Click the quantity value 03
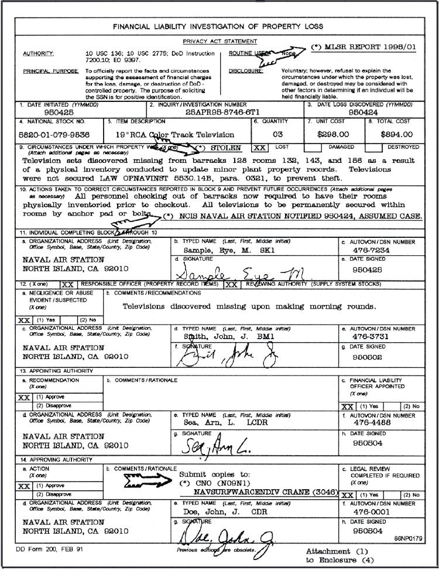(x=277, y=134)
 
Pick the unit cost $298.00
(x=332, y=134)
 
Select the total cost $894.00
(x=396, y=134)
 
